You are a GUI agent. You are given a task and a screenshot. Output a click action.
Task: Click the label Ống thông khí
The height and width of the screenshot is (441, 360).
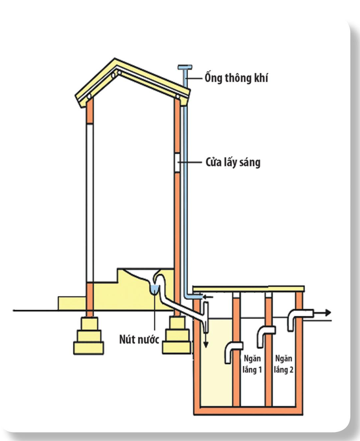click(x=236, y=78)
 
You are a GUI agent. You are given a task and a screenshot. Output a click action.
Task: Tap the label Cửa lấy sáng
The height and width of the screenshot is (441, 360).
click(x=233, y=163)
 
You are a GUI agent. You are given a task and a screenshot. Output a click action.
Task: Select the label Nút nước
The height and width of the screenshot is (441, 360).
click(x=139, y=339)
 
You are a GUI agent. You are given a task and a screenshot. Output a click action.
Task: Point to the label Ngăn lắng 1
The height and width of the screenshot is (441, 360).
click(x=252, y=364)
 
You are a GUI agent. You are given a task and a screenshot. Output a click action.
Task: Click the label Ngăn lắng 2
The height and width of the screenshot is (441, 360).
click(x=284, y=364)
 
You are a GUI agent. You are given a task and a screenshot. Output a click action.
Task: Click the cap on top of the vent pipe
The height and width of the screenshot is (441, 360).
click(x=185, y=67)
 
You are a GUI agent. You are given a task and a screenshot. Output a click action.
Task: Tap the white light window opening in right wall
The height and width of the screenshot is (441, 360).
click(x=177, y=162)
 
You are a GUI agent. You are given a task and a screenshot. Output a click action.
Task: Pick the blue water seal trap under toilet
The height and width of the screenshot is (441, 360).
click(x=154, y=290)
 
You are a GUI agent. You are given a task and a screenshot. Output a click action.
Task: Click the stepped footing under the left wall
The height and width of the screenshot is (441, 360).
click(x=89, y=336)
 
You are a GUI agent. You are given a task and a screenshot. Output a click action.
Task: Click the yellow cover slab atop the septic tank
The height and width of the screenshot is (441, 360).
click(x=248, y=289)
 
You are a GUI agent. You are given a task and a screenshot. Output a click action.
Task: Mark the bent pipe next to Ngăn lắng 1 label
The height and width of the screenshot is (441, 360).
click(x=232, y=351)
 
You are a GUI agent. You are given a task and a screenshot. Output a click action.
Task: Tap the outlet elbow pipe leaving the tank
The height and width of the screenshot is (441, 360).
click(x=298, y=316)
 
